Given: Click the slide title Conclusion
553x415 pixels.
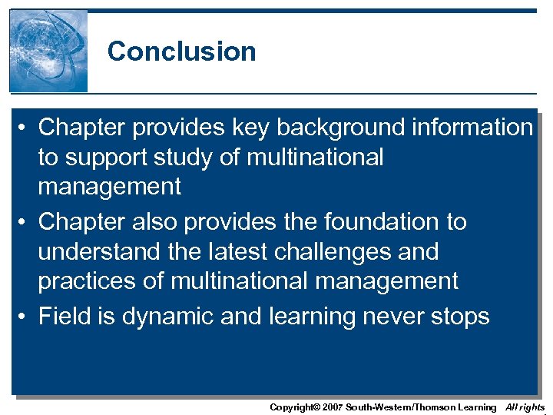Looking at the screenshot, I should (x=181, y=51).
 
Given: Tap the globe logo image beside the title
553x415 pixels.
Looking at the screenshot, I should (x=48, y=51).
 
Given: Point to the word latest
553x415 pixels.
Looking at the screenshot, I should (x=244, y=251).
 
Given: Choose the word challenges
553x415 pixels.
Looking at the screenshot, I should (x=351, y=251).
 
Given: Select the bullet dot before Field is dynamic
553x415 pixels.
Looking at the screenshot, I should (x=24, y=316).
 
